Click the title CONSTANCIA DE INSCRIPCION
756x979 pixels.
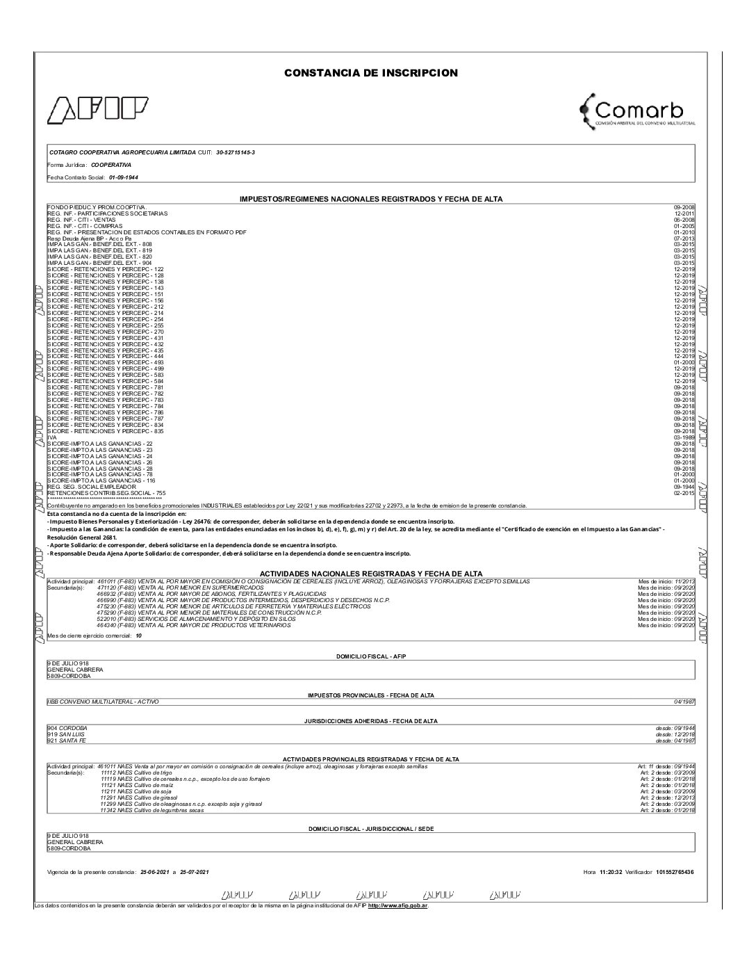(370, 73)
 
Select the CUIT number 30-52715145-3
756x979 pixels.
(240, 152)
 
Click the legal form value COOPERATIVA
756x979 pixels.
(110, 165)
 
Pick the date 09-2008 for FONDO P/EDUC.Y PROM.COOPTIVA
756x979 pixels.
(684, 208)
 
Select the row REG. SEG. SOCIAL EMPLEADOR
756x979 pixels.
(92, 487)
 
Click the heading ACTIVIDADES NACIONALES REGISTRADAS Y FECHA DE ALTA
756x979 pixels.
(371, 574)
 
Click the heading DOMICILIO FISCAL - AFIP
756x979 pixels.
(370, 656)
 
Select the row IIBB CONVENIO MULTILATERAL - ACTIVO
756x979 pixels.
(103, 702)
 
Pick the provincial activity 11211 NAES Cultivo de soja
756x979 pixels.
(136, 791)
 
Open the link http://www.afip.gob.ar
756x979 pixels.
(397, 905)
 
